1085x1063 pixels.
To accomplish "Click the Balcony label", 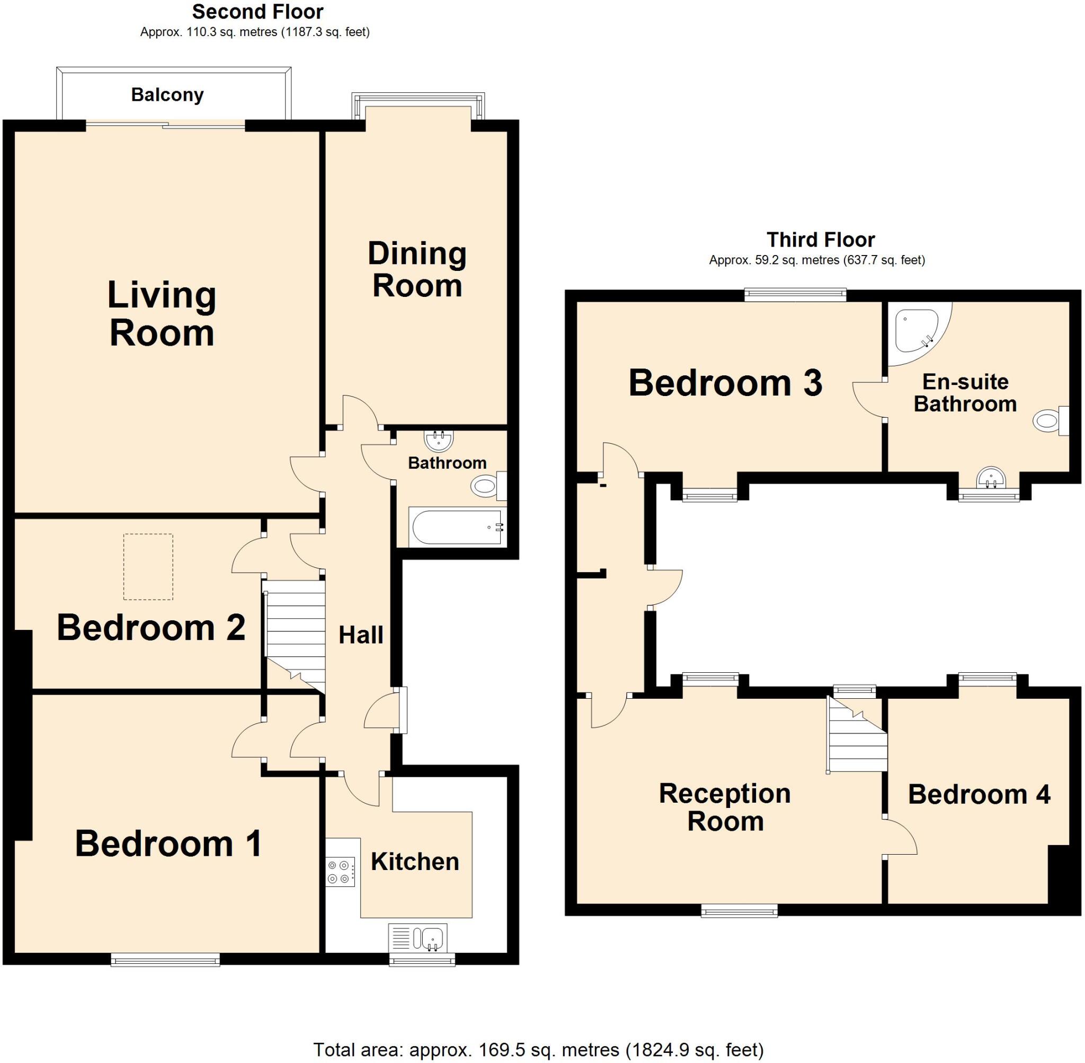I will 167,95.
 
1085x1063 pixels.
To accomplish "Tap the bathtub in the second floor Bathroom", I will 457,527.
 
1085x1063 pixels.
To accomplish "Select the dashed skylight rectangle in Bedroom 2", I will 148,567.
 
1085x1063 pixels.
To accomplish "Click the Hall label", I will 361,635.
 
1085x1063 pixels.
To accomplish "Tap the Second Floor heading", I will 257,12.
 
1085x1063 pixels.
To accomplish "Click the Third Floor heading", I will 820,240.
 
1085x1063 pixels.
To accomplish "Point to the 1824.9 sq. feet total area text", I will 694,1050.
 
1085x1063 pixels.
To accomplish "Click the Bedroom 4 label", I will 979,794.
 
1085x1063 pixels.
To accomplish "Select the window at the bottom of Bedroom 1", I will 165,960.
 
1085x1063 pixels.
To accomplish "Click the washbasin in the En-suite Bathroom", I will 990,478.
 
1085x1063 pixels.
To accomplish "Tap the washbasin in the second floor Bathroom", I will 439,441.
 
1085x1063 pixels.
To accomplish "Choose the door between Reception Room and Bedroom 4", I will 899,836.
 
